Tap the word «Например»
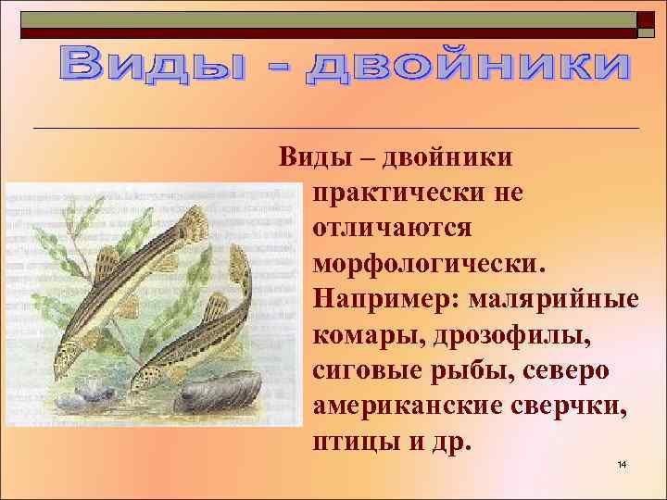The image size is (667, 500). [388, 299]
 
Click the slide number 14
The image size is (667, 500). [622, 463]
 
